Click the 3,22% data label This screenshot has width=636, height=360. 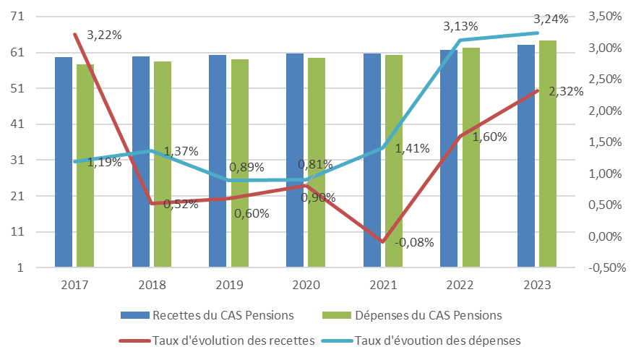103,35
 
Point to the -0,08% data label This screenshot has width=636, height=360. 414,242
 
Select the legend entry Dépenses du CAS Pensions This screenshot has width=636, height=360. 428,315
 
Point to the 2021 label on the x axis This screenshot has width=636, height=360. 382,285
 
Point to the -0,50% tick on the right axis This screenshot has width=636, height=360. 606,267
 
